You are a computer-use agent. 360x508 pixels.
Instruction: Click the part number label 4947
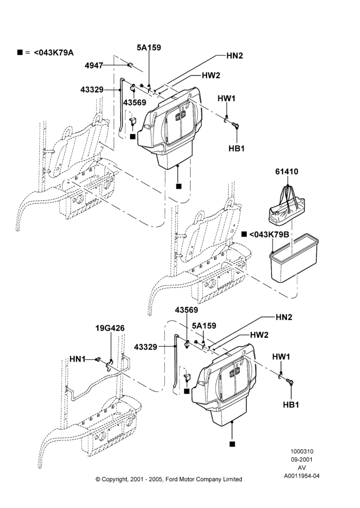[x=94, y=66]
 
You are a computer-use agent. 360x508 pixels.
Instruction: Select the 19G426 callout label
[x=110, y=328]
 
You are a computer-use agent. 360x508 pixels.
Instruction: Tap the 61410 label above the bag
[x=287, y=171]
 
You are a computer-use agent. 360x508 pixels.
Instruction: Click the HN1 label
[x=77, y=359]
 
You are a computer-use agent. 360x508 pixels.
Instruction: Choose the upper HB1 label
[x=236, y=148]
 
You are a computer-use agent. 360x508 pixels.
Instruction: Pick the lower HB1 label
[x=291, y=405]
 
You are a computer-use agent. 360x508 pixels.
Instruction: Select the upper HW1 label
[x=226, y=99]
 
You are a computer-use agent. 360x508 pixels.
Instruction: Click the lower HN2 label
[x=284, y=317]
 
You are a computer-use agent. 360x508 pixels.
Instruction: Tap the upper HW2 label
[x=211, y=76]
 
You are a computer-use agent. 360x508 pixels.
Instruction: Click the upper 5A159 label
[x=149, y=48]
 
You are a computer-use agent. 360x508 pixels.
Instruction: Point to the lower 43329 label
[x=145, y=347]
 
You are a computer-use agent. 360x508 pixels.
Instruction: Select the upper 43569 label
[x=135, y=103]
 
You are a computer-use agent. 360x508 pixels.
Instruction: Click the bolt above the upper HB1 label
[x=235, y=125]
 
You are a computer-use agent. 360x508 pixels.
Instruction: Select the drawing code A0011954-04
[x=302, y=476]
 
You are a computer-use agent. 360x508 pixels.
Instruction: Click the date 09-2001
[x=302, y=459]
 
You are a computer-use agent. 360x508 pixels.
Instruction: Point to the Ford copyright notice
[x=169, y=479]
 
